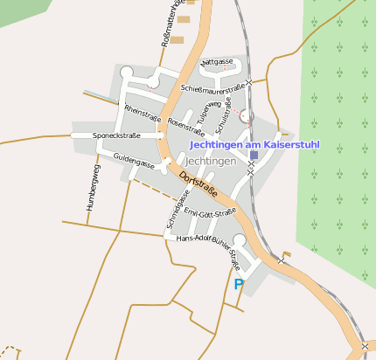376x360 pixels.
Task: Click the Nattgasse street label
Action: [x=217, y=63]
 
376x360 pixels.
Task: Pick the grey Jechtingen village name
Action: [x=212, y=162]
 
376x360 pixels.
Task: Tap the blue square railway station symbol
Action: [x=254, y=155]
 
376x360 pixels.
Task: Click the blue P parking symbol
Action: [x=239, y=284]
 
